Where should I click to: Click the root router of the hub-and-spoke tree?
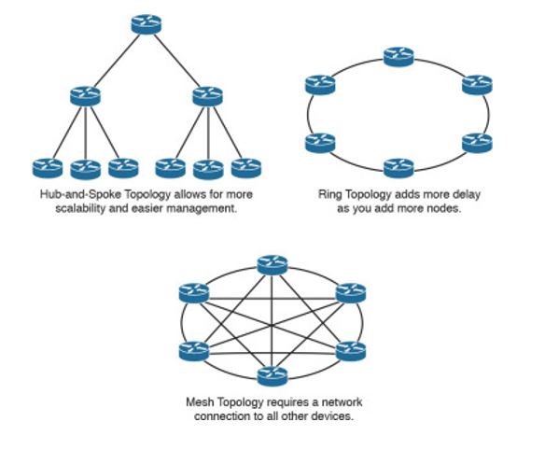pyautogui.click(x=147, y=24)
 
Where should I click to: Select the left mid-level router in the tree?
pyautogui.click(x=85, y=96)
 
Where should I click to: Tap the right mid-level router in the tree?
pyautogui.click(x=207, y=96)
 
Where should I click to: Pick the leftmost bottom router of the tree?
pyautogui.click(x=48, y=168)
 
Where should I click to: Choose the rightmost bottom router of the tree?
pyautogui.click(x=246, y=168)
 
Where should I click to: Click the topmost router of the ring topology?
pyautogui.click(x=398, y=57)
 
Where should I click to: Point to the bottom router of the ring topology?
pyautogui.click(x=398, y=168)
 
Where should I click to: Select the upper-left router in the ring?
pyautogui.click(x=320, y=85)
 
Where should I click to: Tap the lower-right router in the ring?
pyautogui.click(x=477, y=143)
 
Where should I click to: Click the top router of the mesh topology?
pyautogui.click(x=272, y=265)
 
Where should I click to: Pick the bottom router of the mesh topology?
pyautogui.click(x=272, y=376)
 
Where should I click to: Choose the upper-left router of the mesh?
pyautogui.click(x=194, y=293)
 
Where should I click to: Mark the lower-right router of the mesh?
pyautogui.click(x=351, y=351)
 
